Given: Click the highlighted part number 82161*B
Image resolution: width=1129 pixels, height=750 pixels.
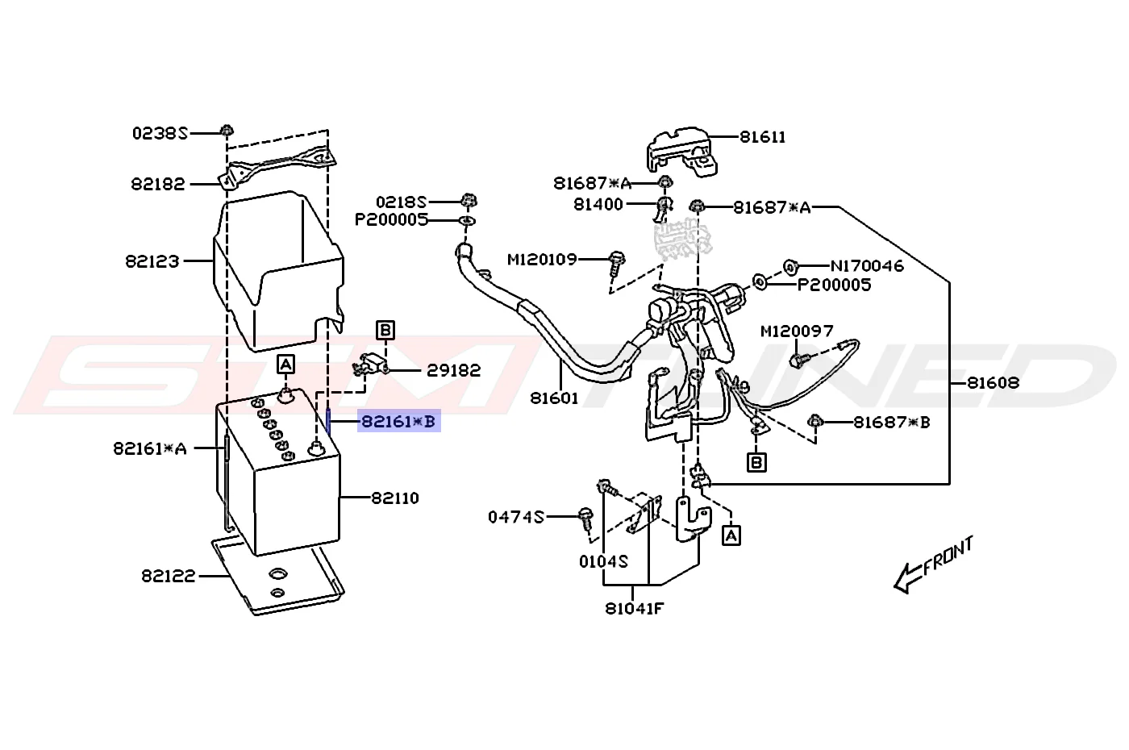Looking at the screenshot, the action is coord(398,421).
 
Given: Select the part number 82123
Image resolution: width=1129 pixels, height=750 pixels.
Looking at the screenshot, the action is coord(152,261).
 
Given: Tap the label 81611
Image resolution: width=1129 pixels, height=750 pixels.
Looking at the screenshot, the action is coord(763,137).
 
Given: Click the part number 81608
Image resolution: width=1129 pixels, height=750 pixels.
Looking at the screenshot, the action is coord(993,382).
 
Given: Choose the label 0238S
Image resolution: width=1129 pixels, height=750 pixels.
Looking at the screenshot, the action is coord(160,133).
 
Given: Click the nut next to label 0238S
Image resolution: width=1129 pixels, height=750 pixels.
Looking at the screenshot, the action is coord(227,131).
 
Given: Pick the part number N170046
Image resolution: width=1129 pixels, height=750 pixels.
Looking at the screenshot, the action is coord(867,265).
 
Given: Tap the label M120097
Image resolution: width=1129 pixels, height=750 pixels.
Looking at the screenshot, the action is coord(797,331).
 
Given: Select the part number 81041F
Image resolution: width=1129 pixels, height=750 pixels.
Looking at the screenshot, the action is coord(634,609).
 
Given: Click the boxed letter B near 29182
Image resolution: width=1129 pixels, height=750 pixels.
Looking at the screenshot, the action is coord(385,330).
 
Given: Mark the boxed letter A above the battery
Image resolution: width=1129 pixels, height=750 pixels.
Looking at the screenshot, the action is coord(285,364).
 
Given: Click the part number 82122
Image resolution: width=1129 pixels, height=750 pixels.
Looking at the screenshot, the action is coord(169,576).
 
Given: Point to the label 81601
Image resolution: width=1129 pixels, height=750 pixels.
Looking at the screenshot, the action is coord(554,398).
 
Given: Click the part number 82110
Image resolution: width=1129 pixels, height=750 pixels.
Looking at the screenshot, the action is coord(395,498).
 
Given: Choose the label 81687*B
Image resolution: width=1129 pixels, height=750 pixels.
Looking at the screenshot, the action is coord(892,422).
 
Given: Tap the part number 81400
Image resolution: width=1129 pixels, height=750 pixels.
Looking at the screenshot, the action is coord(598,204).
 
